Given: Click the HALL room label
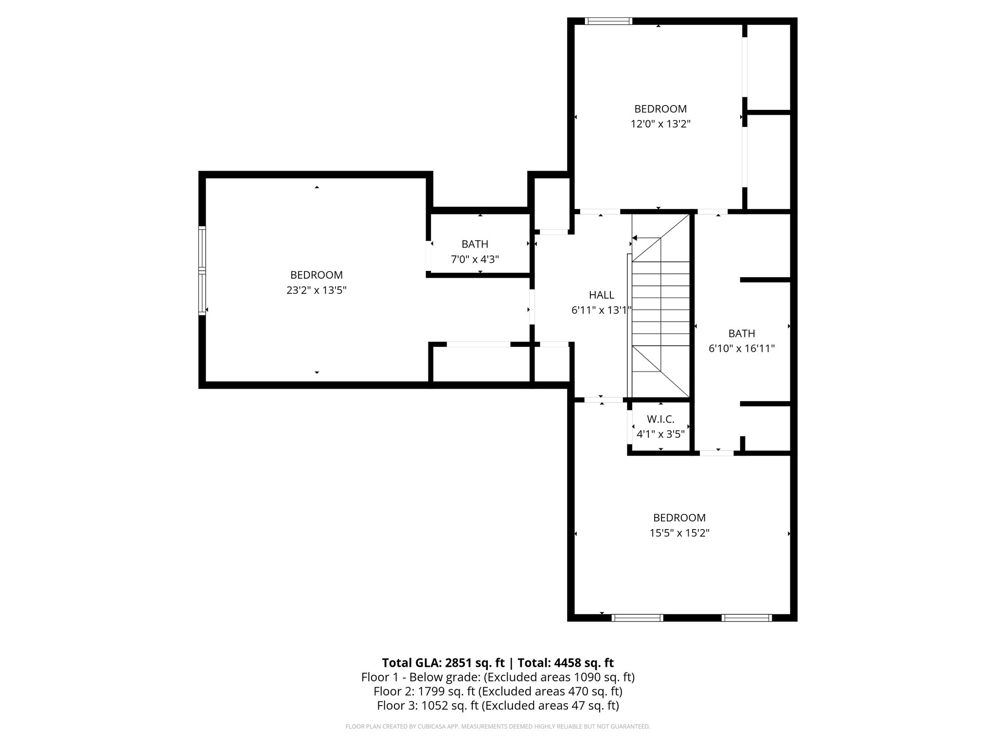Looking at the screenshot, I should point(601,295).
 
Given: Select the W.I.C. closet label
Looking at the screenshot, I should point(660,419).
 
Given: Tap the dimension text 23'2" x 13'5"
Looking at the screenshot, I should point(316,290).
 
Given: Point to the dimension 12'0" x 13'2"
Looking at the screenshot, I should point(660,124).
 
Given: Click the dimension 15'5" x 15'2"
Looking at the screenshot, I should point(679,533).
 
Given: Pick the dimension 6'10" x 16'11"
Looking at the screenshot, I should point(741,348).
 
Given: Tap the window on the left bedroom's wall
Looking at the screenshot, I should point(202,270).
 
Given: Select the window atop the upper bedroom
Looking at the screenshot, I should point(608,21).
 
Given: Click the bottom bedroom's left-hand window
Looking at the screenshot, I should point(637,618).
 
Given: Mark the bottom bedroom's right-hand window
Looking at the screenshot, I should point(747,618).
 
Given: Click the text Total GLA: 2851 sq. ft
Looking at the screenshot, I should point(443,663).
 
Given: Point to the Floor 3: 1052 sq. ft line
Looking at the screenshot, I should point(498,706).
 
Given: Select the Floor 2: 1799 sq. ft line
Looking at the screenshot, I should point(498,691).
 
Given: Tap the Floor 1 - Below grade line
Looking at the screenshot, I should point(498,677).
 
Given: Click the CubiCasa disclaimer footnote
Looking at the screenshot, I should point(498,727).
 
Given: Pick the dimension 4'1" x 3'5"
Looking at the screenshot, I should point(660,434).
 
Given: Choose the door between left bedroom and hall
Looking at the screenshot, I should point(532,307).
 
